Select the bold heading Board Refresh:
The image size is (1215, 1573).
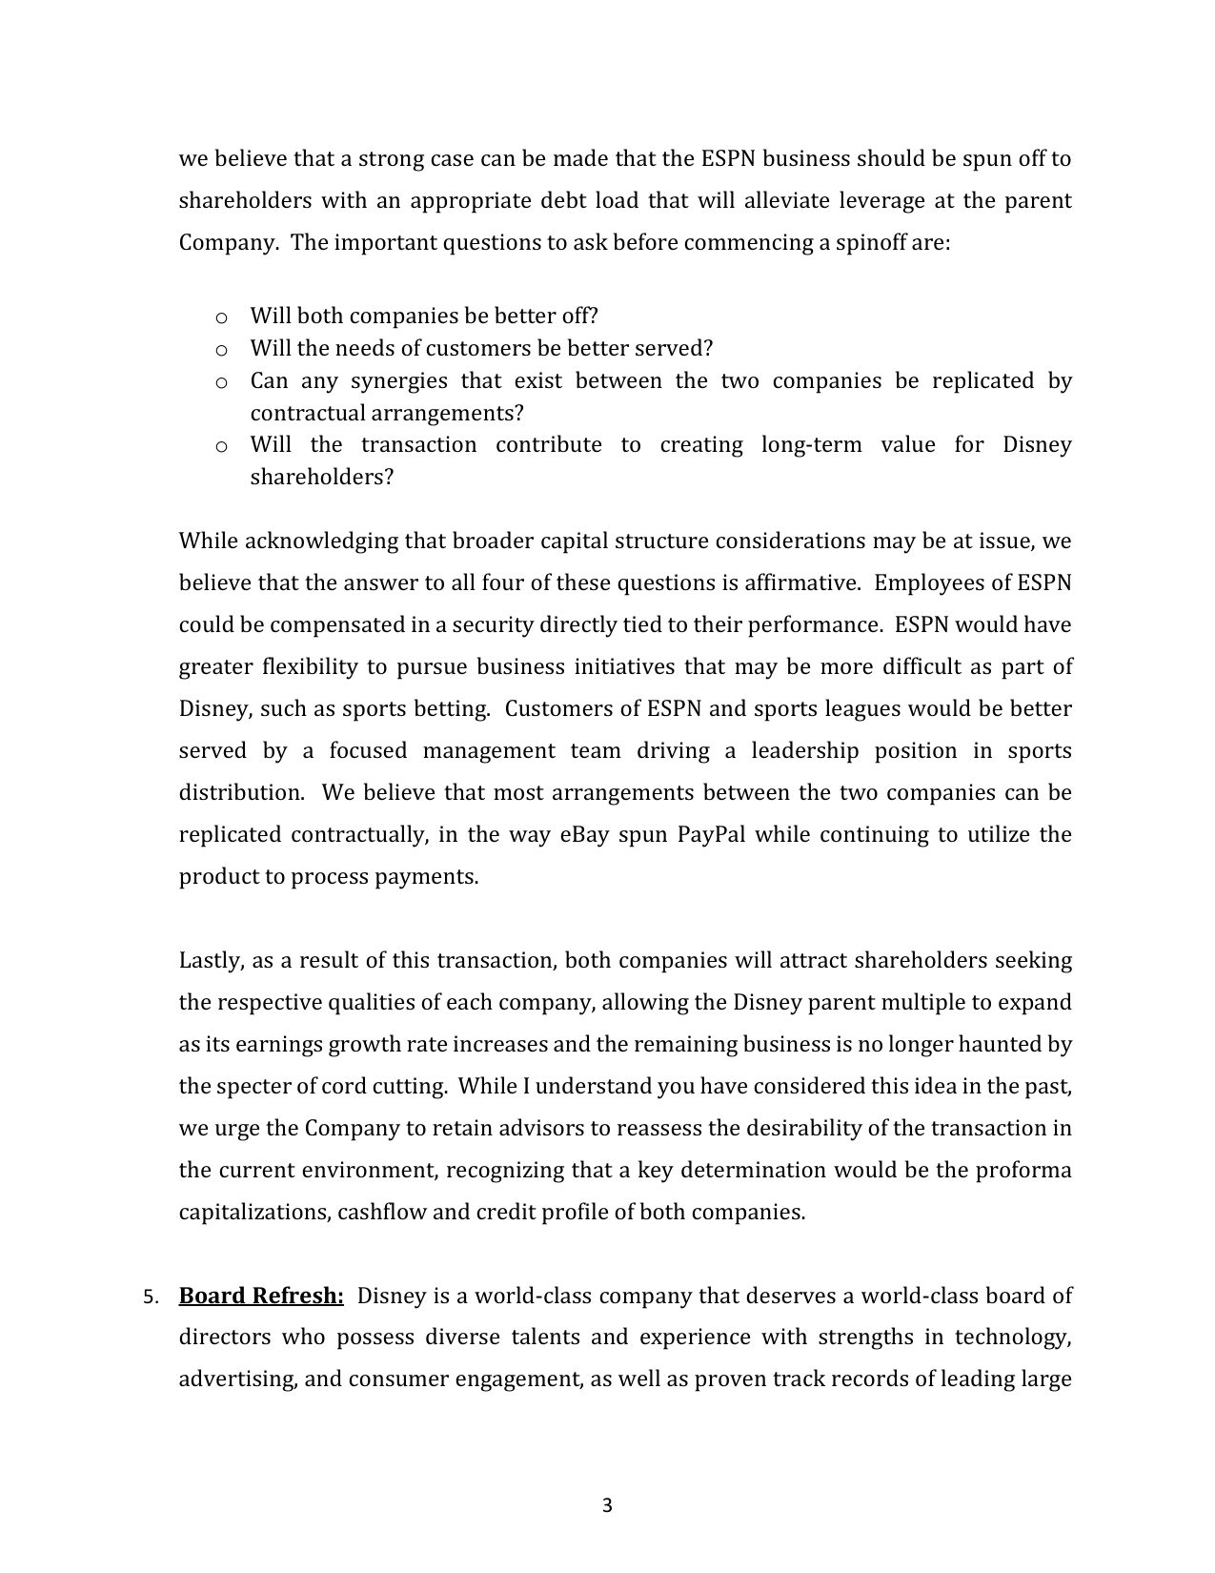tap(261, 1296)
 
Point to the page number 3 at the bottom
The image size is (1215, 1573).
tap(607, 1506)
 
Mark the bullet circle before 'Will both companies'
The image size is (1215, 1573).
tap(221, 317)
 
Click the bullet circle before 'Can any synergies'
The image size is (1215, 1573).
tap(221, 382)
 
